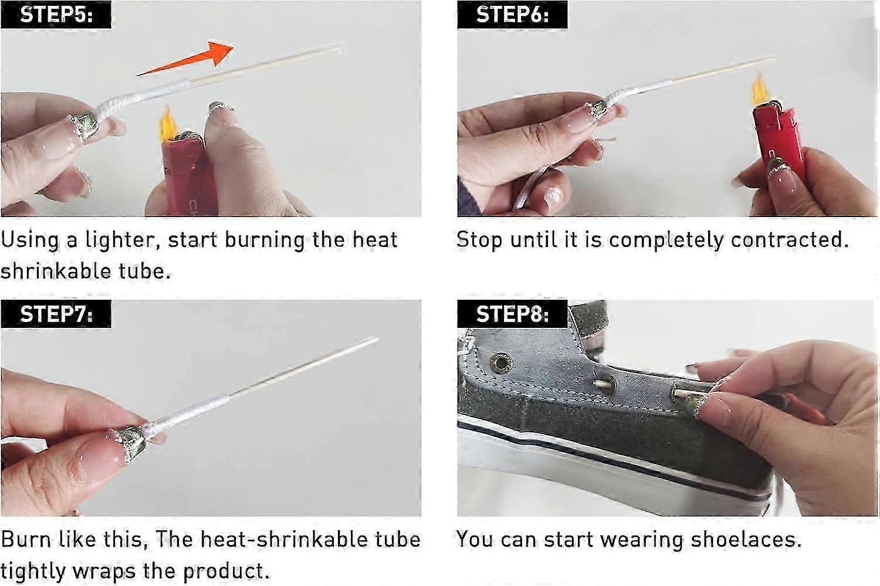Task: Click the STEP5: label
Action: [56, 15]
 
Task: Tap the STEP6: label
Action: [512, 15]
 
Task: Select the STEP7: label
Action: [56, 314]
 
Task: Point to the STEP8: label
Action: [512, 314]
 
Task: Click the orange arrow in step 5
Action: [185, 59]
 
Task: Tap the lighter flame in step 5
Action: [168, 124]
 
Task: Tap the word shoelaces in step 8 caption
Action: [746, 539]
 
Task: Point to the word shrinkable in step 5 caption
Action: [56, 271]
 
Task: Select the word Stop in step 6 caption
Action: [479, 241]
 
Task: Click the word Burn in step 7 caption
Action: [26, 539]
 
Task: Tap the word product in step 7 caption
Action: [226, 571]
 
